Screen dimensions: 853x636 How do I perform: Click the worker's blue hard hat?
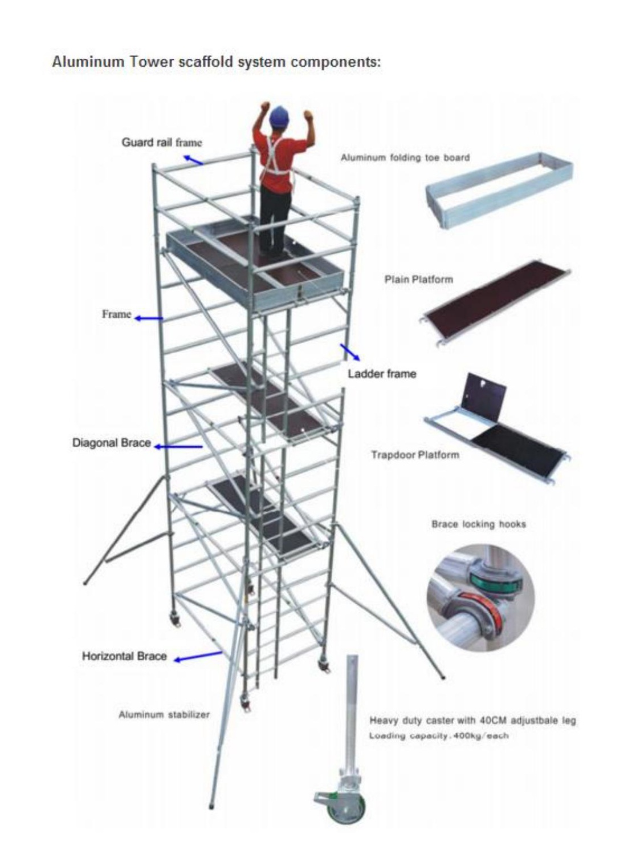279,116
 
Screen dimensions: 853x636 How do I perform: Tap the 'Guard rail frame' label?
161,142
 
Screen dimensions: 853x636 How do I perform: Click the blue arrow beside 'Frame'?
148,319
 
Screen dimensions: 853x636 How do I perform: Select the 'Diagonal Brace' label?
112,443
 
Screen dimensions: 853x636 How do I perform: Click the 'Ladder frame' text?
382,374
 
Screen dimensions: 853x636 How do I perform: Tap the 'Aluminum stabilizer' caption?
164,714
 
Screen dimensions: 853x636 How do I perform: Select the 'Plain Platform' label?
419,280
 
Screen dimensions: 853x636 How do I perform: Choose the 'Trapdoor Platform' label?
415,455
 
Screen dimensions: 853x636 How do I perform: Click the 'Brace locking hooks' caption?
479,524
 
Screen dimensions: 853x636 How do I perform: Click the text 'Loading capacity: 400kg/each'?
438,735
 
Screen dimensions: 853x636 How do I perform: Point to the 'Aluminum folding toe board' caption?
405,157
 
